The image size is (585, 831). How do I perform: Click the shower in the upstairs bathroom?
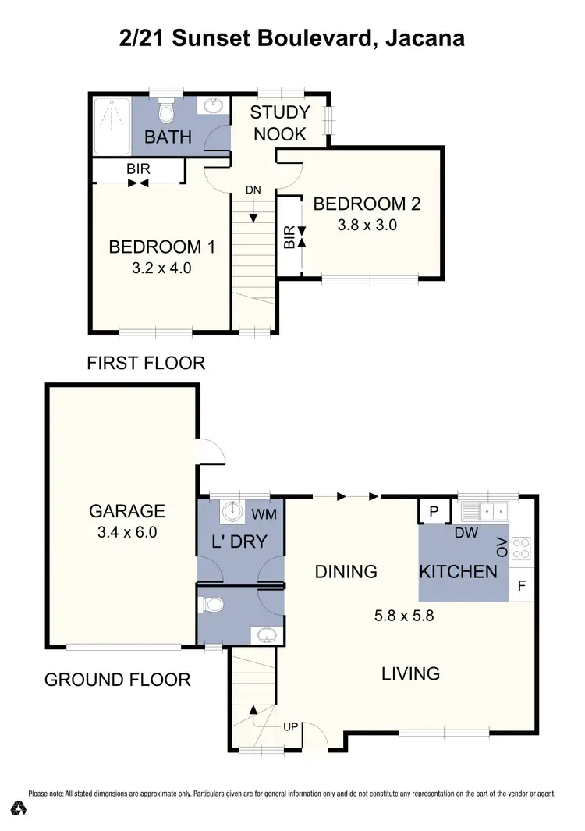point(111,126)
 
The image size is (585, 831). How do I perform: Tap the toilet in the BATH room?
point(165,114)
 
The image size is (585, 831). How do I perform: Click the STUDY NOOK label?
point(279,123)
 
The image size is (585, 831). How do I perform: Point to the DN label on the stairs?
point(253,190)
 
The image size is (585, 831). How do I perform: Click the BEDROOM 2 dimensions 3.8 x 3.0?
point(367,226)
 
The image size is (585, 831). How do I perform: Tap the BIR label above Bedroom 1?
point(138,168)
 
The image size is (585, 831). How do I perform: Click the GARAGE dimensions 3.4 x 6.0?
point(126,533)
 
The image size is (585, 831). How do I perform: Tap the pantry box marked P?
point(433,511)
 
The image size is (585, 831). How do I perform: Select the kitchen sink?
point(485,512)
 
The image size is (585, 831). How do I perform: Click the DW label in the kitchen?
point(466,533)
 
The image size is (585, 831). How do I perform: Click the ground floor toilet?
point(211,605)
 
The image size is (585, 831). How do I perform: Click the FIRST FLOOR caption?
point(146,363)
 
